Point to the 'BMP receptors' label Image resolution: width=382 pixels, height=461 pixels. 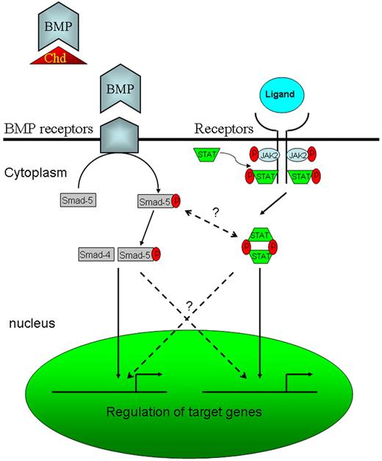click(x=47, y=129)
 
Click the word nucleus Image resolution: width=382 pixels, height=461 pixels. click(x=32, y=323)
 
